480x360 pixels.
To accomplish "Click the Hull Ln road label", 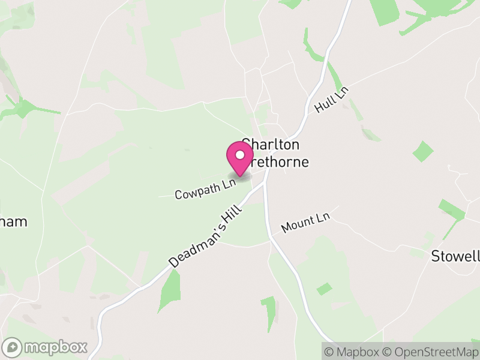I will point(331,100).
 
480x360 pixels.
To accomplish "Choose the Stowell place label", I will point(455,256).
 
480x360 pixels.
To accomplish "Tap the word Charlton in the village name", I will point(271,145).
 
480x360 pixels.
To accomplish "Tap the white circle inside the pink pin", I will point(240,155).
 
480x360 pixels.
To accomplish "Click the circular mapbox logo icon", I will point(13,347).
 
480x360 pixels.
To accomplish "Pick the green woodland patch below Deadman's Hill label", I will point(169,290).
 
